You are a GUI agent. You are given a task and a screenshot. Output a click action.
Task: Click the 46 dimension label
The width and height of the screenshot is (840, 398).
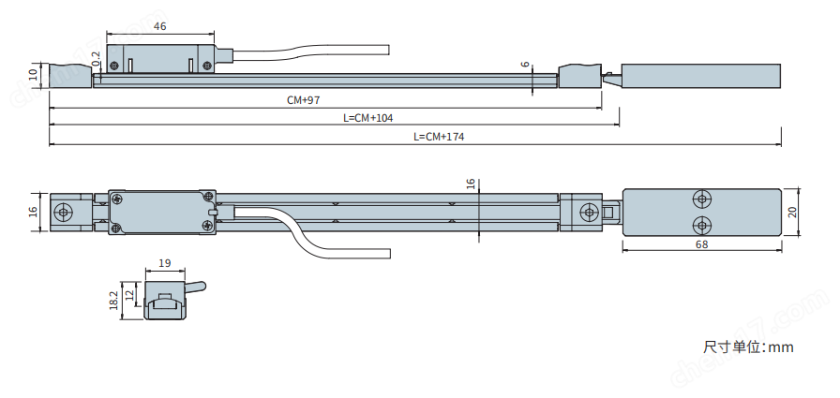pos(159,27)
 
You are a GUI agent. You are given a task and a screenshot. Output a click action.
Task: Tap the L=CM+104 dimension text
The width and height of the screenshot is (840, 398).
pos(368,118)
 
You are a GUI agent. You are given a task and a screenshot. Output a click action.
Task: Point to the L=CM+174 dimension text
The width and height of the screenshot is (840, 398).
pos(439,137)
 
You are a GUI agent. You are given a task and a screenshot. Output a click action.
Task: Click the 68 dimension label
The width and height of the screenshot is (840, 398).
pos(702,244)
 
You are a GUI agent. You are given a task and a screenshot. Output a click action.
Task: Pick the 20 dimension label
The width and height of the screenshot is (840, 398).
pos(793,213)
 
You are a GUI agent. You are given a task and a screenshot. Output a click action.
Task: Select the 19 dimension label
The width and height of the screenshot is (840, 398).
pos(165,264)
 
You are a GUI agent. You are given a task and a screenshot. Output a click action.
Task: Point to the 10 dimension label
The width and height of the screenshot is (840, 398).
pos(33,74)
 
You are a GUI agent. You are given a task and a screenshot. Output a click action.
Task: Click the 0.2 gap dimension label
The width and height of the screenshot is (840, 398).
pos(97,59)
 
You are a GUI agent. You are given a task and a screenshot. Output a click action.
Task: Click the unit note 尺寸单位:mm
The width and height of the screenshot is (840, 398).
pos(748,347)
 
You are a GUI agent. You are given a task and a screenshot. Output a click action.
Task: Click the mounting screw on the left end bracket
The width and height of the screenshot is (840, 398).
pos(64,212)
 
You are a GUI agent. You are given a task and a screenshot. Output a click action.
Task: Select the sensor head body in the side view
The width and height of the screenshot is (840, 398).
pos(160,56)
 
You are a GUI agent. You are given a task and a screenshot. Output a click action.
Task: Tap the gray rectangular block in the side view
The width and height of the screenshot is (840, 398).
pos(702,74)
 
